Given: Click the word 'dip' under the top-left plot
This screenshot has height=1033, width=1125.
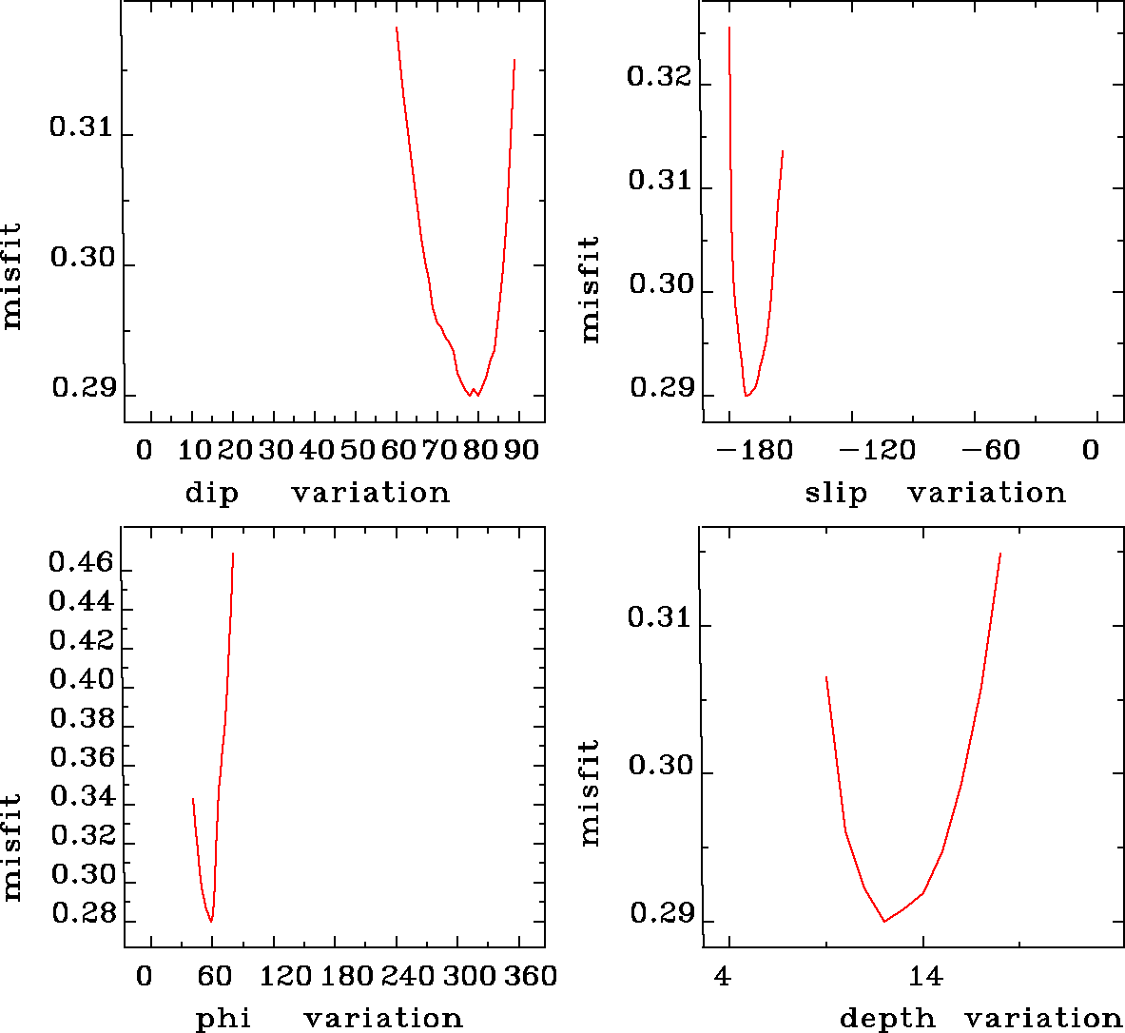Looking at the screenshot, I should tap(211, 494).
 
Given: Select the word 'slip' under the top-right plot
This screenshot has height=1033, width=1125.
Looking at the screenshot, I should tap(836, 494).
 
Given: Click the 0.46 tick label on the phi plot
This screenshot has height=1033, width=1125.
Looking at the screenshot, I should tap(81, 563).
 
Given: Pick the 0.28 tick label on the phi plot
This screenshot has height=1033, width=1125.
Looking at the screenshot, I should tap(81, 915).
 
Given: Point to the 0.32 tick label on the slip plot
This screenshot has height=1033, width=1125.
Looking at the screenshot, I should tap(658, 77).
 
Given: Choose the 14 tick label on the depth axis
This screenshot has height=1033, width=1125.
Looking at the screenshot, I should tap(925, 977).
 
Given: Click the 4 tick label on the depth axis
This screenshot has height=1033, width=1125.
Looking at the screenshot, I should tap(724, 977).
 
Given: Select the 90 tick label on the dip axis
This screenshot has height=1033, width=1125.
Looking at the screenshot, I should tap(521, 450).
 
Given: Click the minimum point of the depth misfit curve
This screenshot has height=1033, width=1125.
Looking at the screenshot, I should tap(884, 921).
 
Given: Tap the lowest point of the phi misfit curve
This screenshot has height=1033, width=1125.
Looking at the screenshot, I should tap(211, 921).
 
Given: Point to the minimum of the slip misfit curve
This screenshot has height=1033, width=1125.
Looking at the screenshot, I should tap(747, 395).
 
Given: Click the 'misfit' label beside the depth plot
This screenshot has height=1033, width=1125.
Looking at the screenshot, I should tap(590, 793).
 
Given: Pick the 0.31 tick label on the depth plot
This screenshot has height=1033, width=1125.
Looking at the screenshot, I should tap(658, 619).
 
